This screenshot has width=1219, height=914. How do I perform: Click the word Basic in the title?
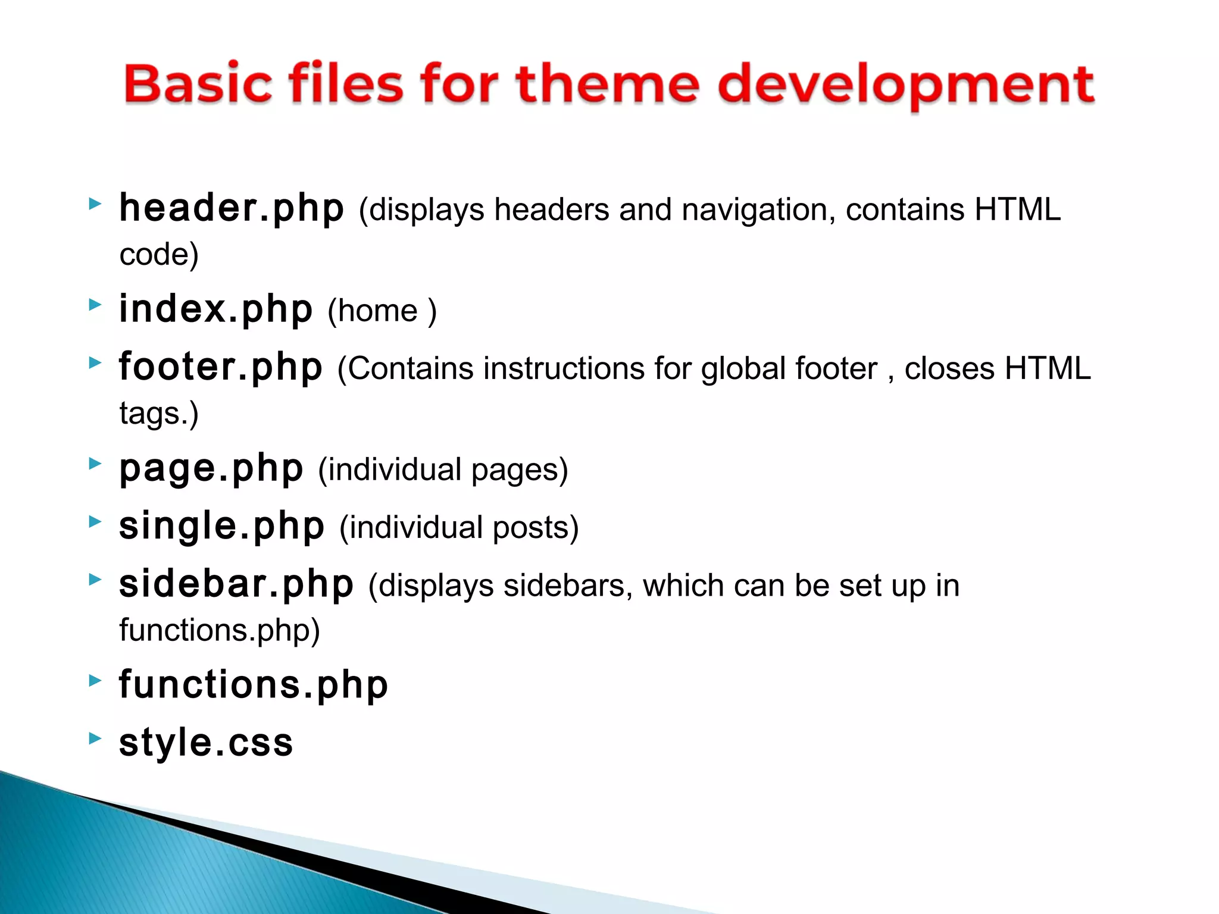pos(197,84)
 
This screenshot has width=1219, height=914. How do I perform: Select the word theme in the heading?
pos(608,84)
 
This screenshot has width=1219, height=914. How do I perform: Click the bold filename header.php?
pos(232,209)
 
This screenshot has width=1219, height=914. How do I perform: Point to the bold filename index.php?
pos(215,309)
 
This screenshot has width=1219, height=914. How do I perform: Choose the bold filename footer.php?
pos(221,367)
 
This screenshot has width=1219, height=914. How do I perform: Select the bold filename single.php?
pos(221,527)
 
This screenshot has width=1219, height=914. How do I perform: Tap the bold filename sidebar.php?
pos(236,585)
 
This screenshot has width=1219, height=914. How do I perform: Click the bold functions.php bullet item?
pos(254,685)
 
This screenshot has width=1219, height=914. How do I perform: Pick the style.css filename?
pos(206,743)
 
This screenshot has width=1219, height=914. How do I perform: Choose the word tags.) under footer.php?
pos(159,414)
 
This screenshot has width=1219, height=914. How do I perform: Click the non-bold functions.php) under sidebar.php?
pos(219,630)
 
